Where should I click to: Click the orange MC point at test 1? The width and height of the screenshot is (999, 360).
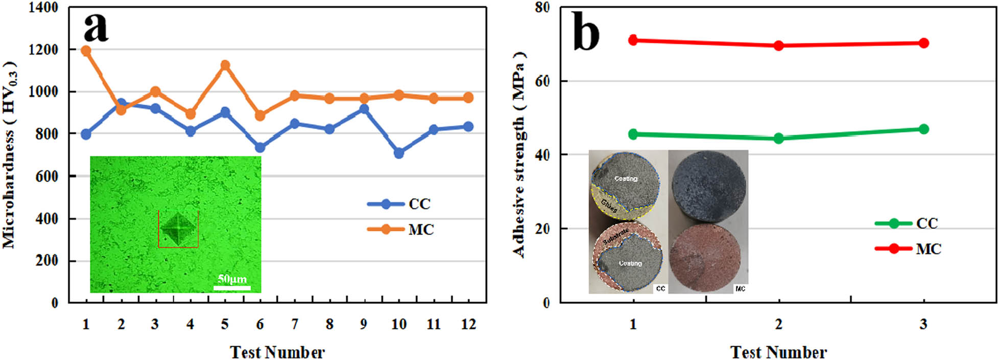coord(86,51)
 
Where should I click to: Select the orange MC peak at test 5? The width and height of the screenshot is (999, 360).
coord(225,65)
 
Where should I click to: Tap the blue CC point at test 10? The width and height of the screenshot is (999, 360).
coord(399,153)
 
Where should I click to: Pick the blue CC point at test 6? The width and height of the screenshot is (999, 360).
coord(260,147)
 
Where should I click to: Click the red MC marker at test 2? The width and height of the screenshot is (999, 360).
coord(778,45)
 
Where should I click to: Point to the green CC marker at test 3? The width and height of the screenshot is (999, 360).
coord(923,129)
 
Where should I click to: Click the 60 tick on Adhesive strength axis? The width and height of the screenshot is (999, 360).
coord(542,81)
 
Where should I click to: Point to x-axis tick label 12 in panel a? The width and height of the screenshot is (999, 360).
coord(468,324)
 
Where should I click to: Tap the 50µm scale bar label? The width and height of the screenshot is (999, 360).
coord(232,279)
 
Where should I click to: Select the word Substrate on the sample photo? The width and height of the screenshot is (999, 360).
coord(616,236)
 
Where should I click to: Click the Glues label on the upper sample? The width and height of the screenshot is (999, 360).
coord(609,206)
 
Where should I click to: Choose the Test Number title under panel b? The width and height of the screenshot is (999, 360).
coord(778,352)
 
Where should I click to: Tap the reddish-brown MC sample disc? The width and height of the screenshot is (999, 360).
coord(705,257)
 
